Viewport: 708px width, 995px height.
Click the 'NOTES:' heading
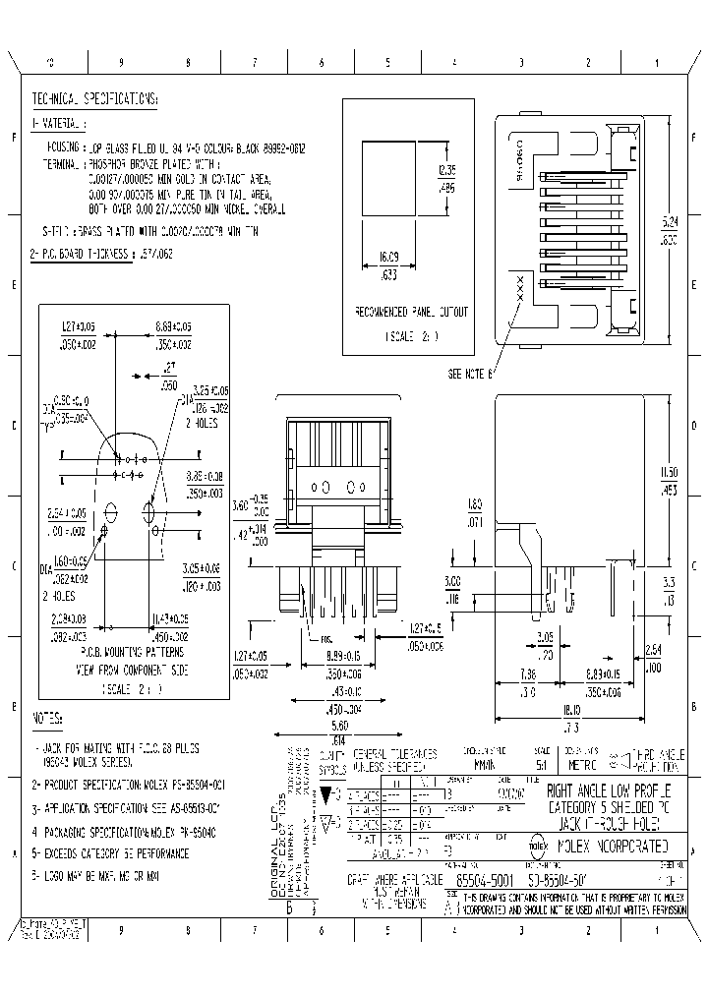point(48,718)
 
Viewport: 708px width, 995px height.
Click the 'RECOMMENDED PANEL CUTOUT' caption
point(411,313)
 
